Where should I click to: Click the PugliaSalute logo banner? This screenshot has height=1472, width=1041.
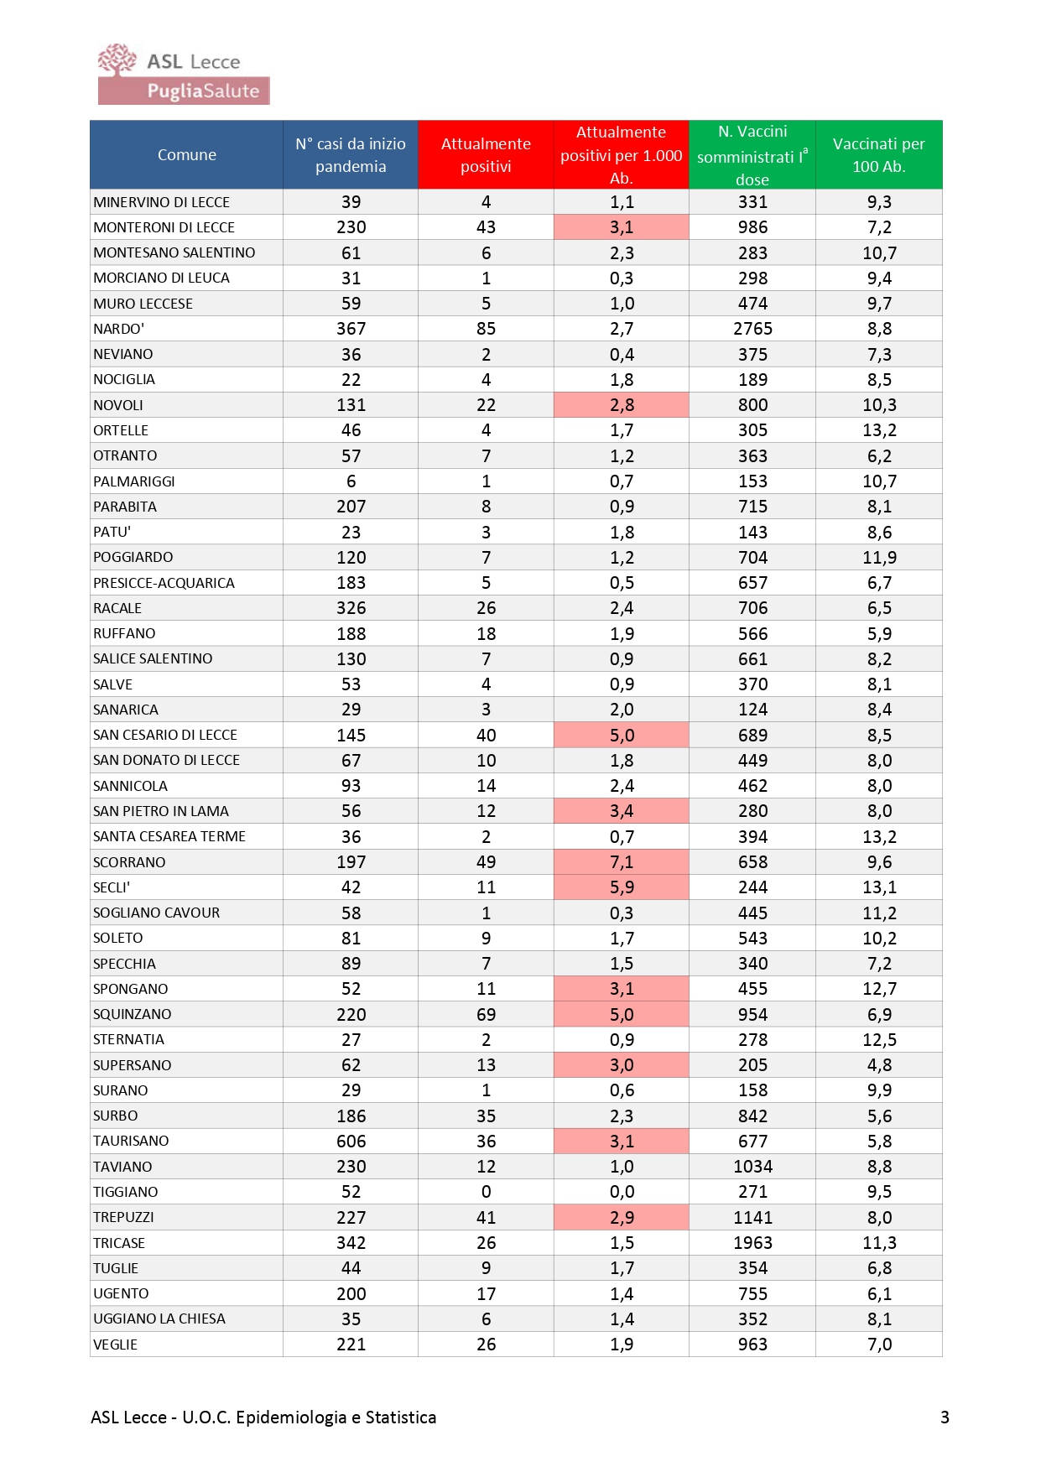184,91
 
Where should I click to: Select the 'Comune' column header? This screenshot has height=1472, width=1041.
186,154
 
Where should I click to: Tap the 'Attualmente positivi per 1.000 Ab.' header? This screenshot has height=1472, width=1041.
621,154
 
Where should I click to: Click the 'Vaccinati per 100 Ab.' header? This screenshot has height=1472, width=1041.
878,154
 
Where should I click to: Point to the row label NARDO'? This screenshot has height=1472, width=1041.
119,329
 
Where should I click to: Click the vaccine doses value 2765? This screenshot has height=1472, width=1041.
752,329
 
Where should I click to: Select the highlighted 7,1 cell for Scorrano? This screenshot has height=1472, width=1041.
622,861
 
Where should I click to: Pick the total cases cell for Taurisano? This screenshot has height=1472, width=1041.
351,1141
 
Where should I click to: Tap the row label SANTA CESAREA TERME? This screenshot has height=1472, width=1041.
169,836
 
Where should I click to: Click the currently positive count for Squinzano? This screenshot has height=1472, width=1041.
486,1014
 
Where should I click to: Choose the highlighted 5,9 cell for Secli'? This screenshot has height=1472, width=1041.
622,887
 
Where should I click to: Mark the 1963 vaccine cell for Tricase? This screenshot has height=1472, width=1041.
752,1242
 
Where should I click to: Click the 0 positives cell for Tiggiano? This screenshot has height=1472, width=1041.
486,1192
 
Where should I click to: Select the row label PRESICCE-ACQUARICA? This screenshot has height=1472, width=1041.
164,583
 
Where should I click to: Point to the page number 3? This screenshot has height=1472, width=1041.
945,1417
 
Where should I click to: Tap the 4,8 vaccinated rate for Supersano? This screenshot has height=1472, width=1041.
879,1064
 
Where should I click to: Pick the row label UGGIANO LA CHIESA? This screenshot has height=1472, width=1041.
159,1319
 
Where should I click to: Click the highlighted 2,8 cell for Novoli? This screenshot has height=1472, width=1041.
622,405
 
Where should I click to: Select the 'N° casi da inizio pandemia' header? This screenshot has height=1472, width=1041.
351,154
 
